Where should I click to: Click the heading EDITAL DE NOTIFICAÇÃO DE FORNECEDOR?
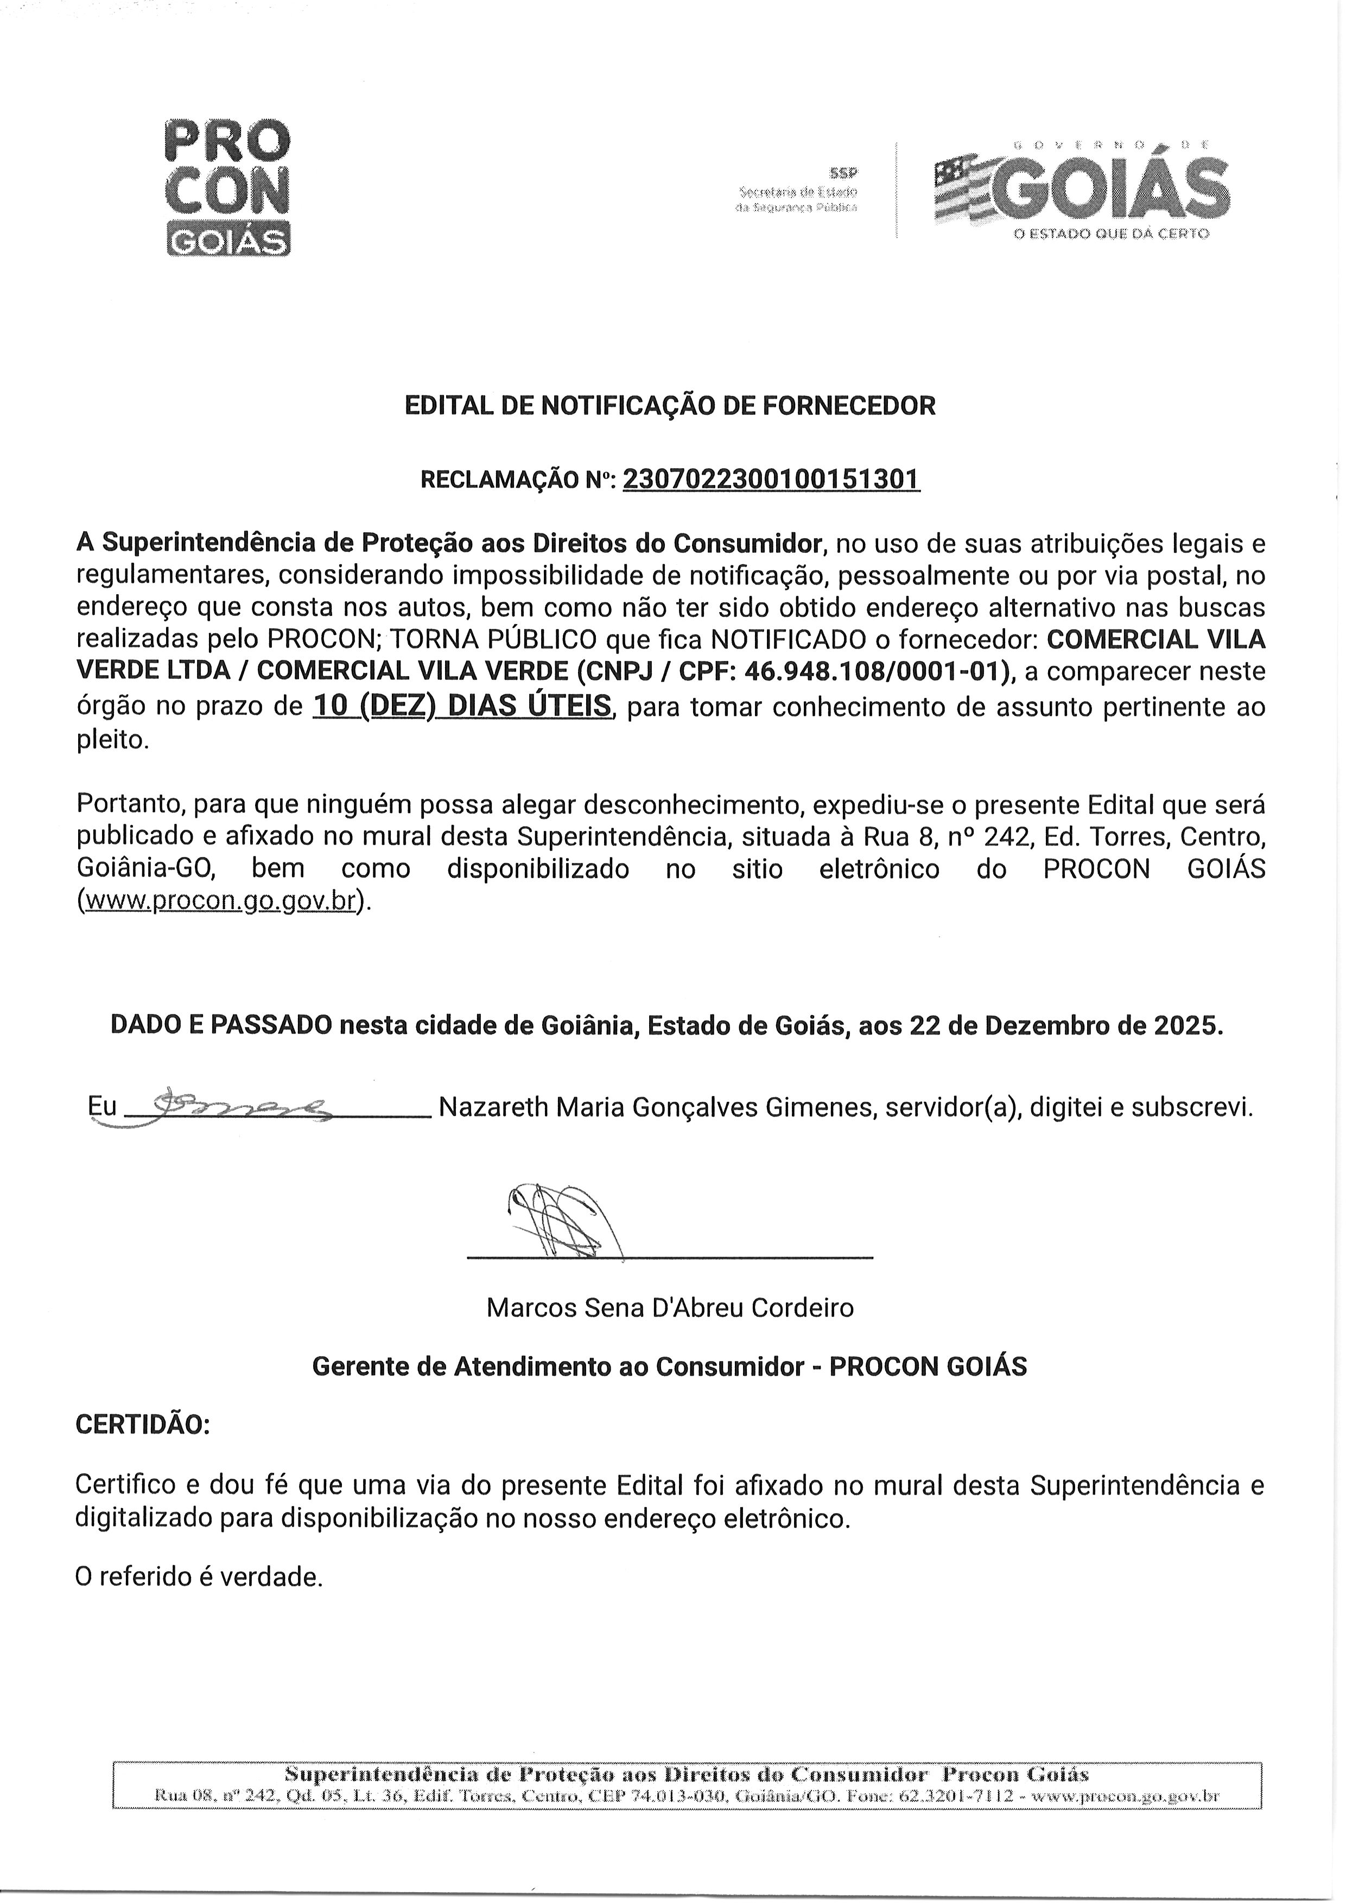(x=670, y=406)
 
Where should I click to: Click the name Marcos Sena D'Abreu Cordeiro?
(x=670, y=1308)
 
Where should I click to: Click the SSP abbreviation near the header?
(x=845, y=173)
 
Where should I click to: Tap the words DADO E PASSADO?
(x=220, y=1026)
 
